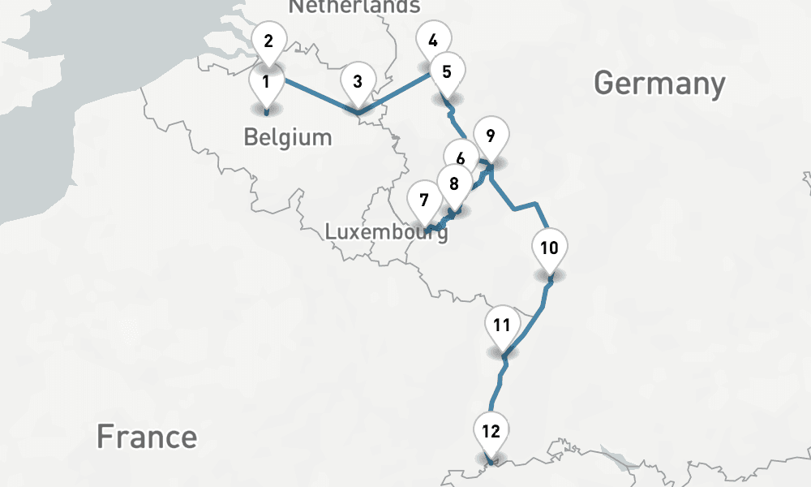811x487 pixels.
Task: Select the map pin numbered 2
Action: click(269, 39)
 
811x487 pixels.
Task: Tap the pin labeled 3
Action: click(357, 81)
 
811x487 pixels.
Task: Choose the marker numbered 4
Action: click(433, 41)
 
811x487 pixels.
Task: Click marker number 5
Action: click(447, 71)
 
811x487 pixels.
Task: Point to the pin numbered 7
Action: click(423, 198)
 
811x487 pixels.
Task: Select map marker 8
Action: click(453, 183)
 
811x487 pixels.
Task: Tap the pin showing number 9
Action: click(490, 135)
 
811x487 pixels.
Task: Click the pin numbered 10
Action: click(549, 248)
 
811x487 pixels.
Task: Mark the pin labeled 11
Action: click(502, 326)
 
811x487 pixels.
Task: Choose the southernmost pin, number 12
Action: click(491, 432)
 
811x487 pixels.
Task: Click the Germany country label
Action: click(659, 84)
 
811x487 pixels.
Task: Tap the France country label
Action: click(147, 437)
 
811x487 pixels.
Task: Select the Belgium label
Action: click(288, 136)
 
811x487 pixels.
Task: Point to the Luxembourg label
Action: click(386, 232)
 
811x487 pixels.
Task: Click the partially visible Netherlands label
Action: click(354, 6)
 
